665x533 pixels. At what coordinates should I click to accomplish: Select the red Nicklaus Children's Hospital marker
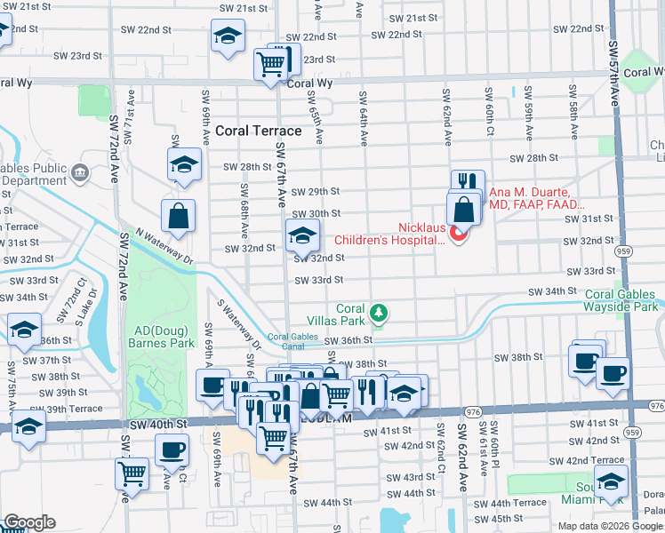459,234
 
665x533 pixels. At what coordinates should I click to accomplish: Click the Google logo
28,522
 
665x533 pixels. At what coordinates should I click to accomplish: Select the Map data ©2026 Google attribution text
610,526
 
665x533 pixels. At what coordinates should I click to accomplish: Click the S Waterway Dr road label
237,322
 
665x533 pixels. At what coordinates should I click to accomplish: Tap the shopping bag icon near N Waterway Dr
178,215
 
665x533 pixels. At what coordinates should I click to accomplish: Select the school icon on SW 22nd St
228,37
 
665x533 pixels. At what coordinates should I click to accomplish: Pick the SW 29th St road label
318,191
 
